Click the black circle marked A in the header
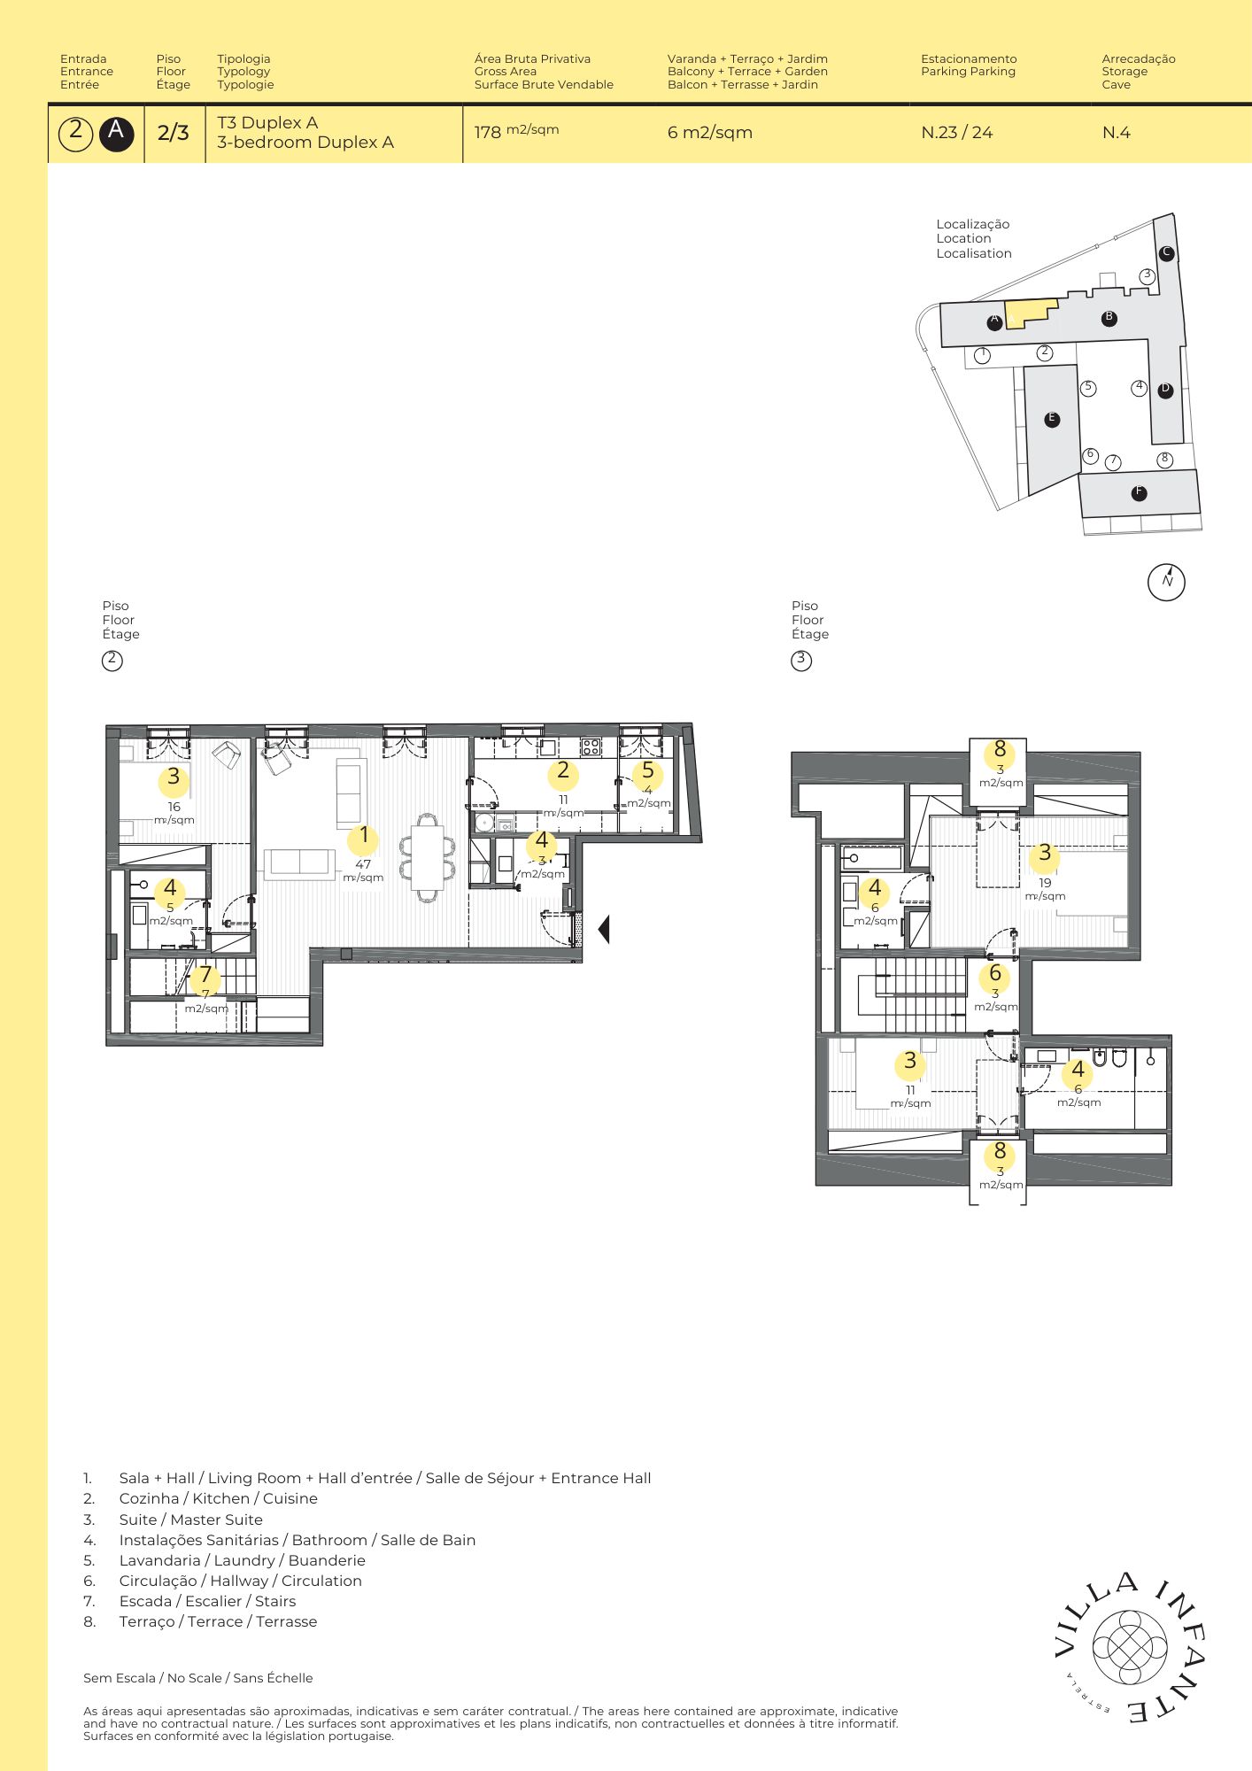coord(116,133)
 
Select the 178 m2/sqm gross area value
coord(516,131)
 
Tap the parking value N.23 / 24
coord(956,133)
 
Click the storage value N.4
coord(1116,133)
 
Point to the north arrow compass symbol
coord(1166,582)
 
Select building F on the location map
coord(1140,493)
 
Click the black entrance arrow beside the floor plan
coord(604,930)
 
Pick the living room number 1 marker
coord(363,837)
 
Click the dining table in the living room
coord(428,857)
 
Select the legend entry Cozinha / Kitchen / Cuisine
coord(219,1498)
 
